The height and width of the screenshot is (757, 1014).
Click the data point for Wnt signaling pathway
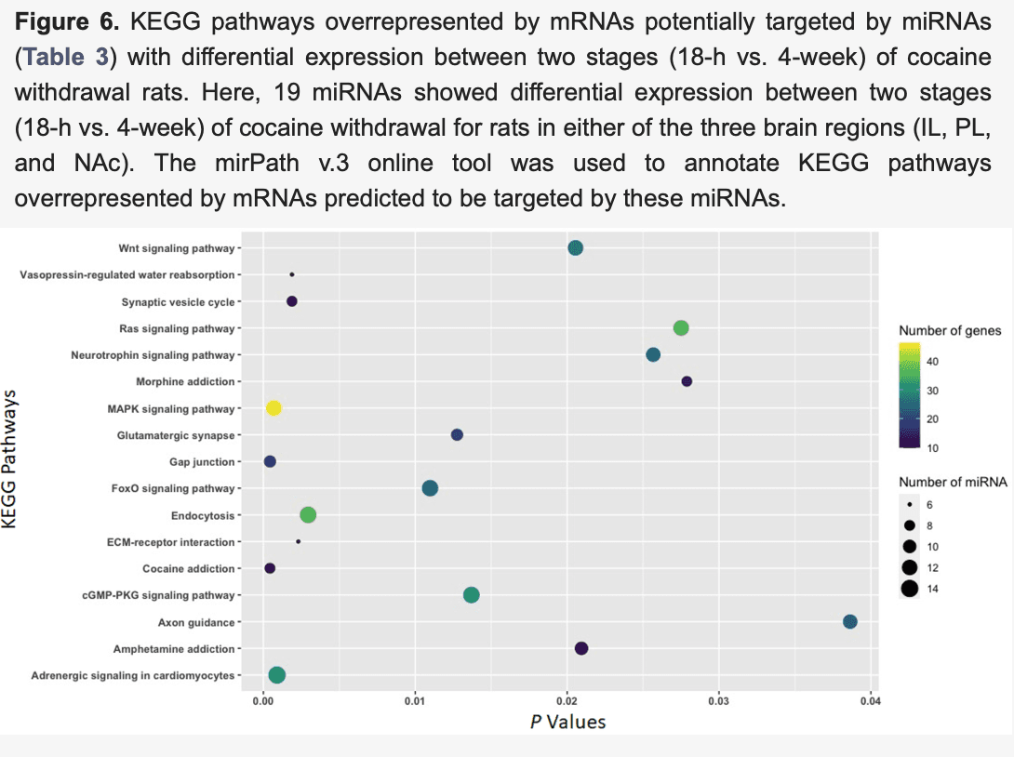pyautogui.click(x=575, y=247)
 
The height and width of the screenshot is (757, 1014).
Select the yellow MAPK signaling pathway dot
pyautogui.click(x=274, y=408)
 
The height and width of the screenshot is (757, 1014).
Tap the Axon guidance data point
pyautogui.click(x=849, y=622)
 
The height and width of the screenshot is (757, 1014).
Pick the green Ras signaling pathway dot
pyautogui.click(x=681, y=327)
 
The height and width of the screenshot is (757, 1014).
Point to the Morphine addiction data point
pyautogui.click(x=687, y=381)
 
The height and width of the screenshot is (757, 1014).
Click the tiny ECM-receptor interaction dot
pyautogui.click(x=298, y=541)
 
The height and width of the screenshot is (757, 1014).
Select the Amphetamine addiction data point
pyautogui.click(x=581, y=648)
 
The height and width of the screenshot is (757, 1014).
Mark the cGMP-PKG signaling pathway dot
pyautogui.click(x=471, y=595)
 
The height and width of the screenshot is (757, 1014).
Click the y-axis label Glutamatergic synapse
pyautogui.click(x=175, y=435)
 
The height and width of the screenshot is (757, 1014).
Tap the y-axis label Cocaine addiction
pyautogui.click(x=188, y=568)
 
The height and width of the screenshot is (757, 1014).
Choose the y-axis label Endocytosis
pyautogui.click(x=203, y=515)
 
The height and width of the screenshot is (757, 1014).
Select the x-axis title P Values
pyautogui.click(x=567, y=721)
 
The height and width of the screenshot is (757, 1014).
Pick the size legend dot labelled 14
pyautogui.click(x=909, y=588)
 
